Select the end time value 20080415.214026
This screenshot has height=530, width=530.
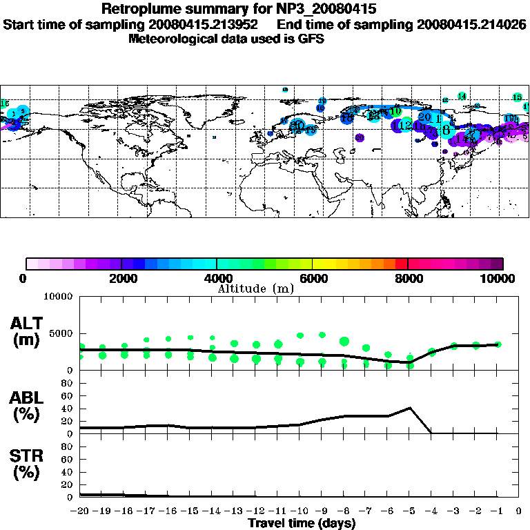click(x=471, y=24)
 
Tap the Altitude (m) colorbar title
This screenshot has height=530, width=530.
click(x=255, y=288)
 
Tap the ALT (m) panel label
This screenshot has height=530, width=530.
click(x=28, y=331)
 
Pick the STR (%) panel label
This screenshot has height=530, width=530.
click(x=28, y=464)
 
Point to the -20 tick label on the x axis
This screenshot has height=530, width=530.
click(x=81, y=511)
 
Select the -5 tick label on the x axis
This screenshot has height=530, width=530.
click(x=409, y=511)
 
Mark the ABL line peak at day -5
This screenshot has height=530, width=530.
click(x=411, y=408)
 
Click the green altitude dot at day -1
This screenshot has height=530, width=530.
click(x=498, y=344)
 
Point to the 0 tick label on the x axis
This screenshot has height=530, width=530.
click(x=519, y=511)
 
